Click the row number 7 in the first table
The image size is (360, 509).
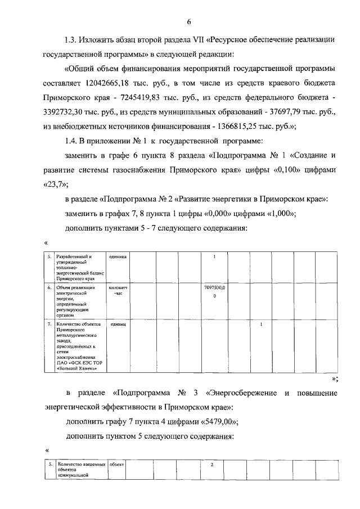point(49,325)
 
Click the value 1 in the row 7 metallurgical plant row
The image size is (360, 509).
point(261,325)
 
